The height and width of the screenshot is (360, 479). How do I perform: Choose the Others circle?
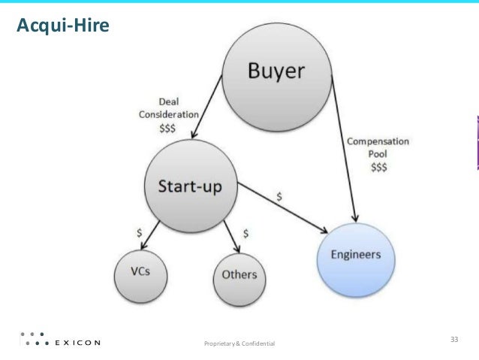(239, 274)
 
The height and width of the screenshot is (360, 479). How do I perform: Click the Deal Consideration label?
(169, 109)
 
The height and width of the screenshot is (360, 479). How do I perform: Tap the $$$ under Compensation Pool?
(379, 168)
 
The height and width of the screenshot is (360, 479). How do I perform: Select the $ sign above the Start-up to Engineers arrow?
(279, 195)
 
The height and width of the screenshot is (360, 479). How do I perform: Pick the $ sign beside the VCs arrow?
(138, 233)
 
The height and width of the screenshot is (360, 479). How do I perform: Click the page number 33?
(453, 340)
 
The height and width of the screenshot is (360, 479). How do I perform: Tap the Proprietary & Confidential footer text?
(239, 343)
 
